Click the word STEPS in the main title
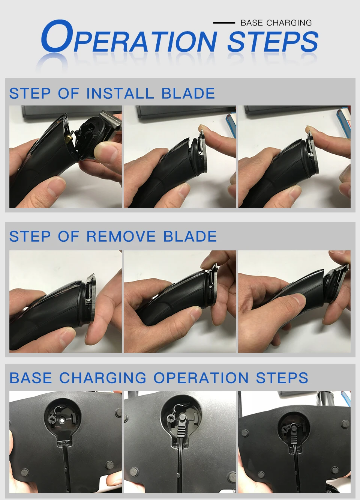point(273,42)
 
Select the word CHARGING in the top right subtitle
point(289,23)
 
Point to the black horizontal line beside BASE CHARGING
point(224,23)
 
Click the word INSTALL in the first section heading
point(120,93)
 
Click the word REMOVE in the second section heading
point(121,236)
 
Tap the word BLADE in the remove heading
point(190,236)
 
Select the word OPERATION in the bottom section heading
point(201,378)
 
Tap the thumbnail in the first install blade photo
point(106,152)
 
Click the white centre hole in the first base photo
point(62,420)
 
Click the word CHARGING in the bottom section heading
point(103,378)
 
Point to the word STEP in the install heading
point(30,93)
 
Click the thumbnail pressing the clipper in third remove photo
point(295,300)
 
